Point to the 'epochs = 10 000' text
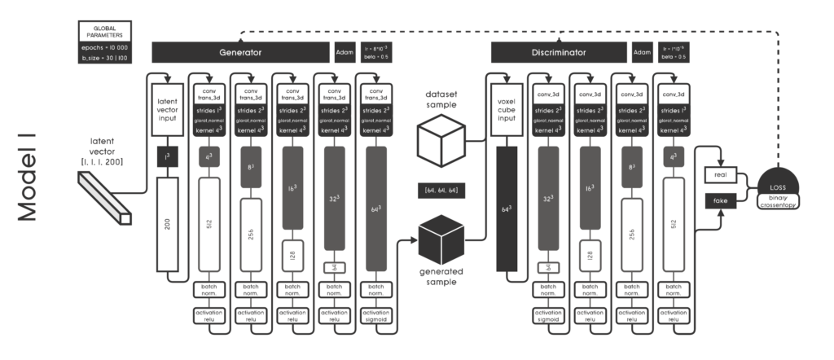(102, 47)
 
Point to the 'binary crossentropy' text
(784, 200)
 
